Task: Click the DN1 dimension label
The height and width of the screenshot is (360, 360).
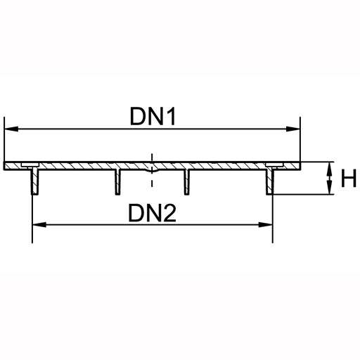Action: click(153, 116)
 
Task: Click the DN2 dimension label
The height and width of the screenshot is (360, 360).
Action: click(152, 213)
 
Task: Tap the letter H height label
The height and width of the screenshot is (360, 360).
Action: click(349, 179)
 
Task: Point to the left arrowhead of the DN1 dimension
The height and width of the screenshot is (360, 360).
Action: click(11, 129)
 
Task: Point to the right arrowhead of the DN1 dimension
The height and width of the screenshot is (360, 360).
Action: click(293, 129)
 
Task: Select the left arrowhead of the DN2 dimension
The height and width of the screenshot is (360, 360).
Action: click(39, 225)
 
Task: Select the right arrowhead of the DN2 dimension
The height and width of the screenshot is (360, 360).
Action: click(265, 225)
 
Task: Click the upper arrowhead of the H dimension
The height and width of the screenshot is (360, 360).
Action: click(330, 169)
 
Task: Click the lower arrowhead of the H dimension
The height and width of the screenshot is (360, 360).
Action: click(330, 187)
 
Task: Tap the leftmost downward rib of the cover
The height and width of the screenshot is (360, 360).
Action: click(35, 181)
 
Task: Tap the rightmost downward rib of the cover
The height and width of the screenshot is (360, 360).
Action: click(270, 181)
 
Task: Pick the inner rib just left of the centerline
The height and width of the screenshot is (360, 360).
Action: click(118, 181)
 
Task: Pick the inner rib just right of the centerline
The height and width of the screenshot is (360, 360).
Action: click(186, 181)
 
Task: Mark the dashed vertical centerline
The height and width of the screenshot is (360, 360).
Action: click(152, 170)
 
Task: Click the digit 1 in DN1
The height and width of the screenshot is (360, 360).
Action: click(171, 116)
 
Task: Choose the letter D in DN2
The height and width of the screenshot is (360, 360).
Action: click(136, 213)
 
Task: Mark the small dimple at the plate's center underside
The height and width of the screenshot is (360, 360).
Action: click(152, 171)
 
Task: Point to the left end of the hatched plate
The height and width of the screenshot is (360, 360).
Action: click(4, 166)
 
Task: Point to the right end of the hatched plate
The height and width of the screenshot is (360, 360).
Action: click(300, 166)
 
